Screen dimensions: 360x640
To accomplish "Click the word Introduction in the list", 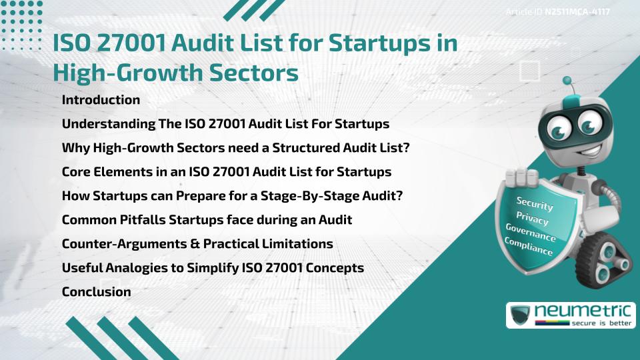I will point(101,100).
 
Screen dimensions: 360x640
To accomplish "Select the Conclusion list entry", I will point(96,291).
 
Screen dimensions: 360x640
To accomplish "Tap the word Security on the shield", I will point(535,204).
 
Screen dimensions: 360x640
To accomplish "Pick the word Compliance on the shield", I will point(529,246).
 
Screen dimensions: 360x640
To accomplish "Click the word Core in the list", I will point(76,171).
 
